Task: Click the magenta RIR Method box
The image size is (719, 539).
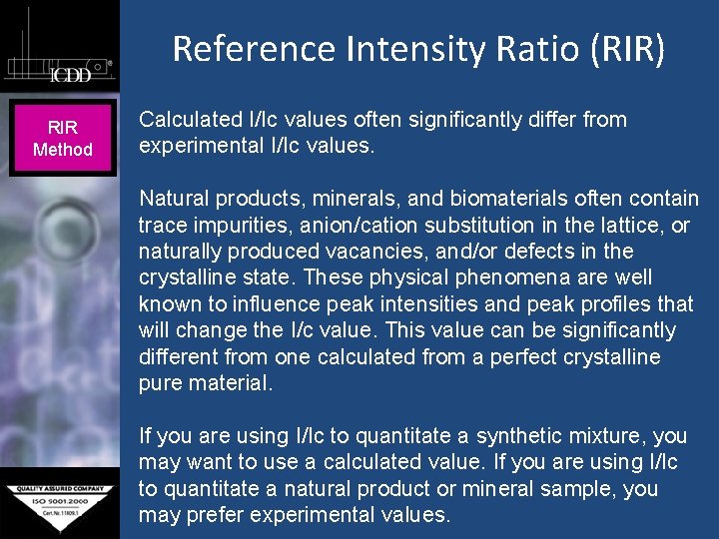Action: [63, 139]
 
